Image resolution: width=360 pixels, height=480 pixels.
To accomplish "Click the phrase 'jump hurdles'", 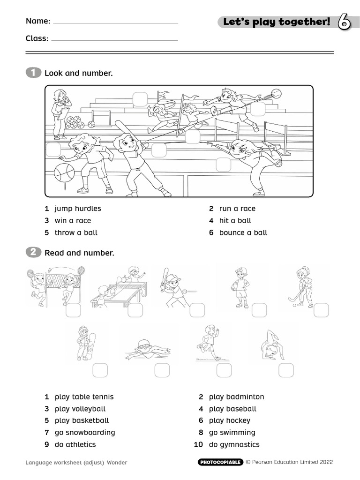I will point(77,209).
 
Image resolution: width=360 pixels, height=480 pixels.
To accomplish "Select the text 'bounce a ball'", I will point(243,232).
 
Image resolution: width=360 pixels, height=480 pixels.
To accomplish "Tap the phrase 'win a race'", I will point(73,220).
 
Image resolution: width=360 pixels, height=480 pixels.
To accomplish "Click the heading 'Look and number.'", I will point(78,73).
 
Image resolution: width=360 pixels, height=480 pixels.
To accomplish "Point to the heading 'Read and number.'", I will point(79,253).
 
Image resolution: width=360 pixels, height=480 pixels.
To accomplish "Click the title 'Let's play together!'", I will point(277,22).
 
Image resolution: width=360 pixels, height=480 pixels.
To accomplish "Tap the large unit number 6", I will point(344,22).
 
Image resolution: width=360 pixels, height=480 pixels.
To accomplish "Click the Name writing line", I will point(115,22).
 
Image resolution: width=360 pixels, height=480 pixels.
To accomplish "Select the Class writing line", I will point(114,40).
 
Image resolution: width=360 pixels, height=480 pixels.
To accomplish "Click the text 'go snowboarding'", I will point(84,432).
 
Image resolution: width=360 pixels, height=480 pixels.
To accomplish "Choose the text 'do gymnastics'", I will point(234,444).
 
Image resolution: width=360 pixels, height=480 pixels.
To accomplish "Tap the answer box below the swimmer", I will point(162,370).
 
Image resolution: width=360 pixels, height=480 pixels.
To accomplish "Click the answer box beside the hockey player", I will point(321,310).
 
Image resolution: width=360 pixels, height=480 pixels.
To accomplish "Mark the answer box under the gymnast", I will point(286,370).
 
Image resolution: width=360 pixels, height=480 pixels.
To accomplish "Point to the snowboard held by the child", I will point(92,344).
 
